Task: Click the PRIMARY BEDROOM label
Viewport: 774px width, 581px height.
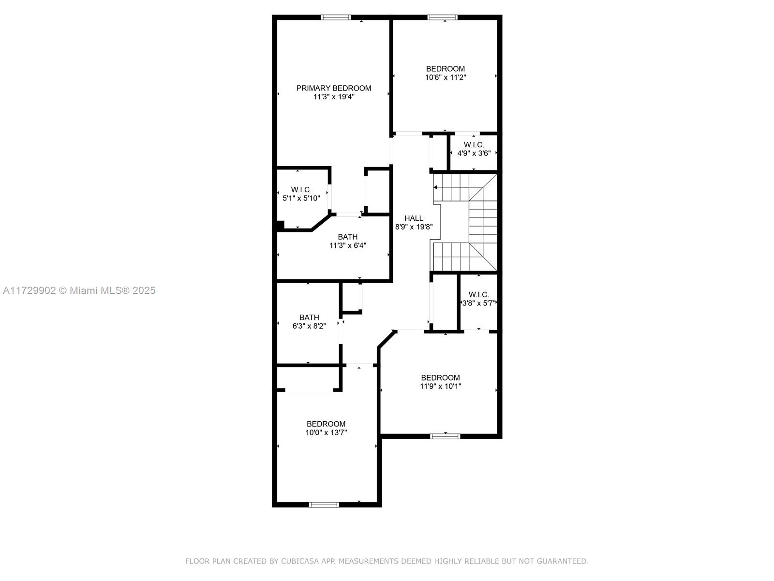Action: click(334, 88)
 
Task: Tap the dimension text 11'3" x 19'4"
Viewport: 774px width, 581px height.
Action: click(334, 97)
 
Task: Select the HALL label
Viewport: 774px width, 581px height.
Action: click(414, 218)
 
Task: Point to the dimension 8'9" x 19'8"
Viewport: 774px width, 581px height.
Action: click(414, 227)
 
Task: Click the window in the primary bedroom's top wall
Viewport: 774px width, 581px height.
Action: click(336, 17)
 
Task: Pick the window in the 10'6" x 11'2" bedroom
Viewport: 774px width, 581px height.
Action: click(443, 17)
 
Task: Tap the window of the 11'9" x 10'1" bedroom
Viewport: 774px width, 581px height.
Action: click(446, 436)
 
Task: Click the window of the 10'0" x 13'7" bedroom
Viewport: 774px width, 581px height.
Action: click(324, 505)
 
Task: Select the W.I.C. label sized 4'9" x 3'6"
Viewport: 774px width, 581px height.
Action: click(474, 145)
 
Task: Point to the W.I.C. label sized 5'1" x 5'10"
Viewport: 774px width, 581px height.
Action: click(301, 190)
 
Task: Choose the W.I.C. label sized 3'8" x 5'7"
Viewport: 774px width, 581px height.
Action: click(479, 294)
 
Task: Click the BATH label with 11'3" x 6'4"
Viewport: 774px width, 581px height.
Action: click(348, 237)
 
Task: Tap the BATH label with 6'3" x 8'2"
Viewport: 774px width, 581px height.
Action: click(309, 318)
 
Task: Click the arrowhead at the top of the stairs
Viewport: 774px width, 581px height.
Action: click(435, 187)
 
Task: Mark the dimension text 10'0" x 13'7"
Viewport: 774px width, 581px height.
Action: click(326, 432)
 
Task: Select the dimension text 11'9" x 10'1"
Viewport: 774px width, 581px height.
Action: click(440, 386)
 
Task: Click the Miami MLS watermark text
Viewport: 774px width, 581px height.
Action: click(79, 290)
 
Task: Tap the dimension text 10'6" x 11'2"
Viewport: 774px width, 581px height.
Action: click(446, 77)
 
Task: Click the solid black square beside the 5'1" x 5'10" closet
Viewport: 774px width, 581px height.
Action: click(280, 226)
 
